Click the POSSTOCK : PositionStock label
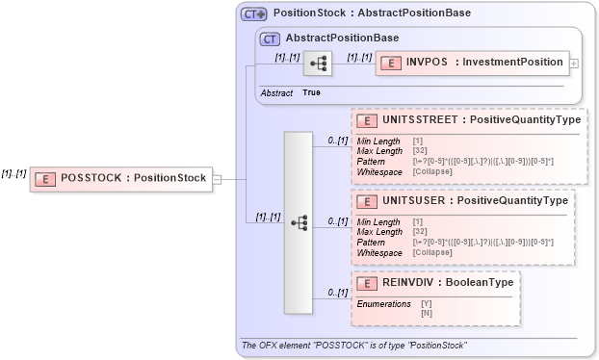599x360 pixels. (x=133, y=178)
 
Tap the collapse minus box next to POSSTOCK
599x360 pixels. (x=217, y=178)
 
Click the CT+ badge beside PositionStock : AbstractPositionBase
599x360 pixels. (x=253, y=14)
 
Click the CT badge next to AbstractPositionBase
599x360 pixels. (x=271, y=38)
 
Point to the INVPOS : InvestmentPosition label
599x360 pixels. (x=483, y=63)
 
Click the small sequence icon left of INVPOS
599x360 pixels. (x=317, y=64)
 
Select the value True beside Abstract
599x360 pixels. (x=311, y=92)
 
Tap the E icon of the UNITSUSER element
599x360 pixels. (x=366, y=201)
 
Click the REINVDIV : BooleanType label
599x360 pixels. (x=444, y=283)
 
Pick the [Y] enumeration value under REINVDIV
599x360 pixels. (x=427, y=303)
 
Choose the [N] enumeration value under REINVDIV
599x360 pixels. (x=427, y=313)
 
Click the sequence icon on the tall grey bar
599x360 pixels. (x=299, y=222)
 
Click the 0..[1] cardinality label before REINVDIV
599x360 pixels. (x=337, y=292)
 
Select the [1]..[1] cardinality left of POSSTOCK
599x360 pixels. (x=13, y=173)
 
